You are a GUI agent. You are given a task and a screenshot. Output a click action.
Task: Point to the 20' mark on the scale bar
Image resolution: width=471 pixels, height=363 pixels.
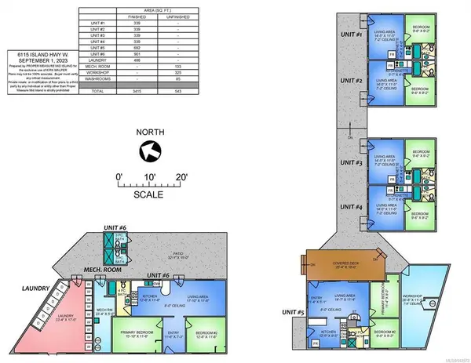click(182, 178)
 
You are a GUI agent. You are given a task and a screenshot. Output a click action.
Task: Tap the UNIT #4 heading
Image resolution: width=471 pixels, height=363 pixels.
click(347, 207)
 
